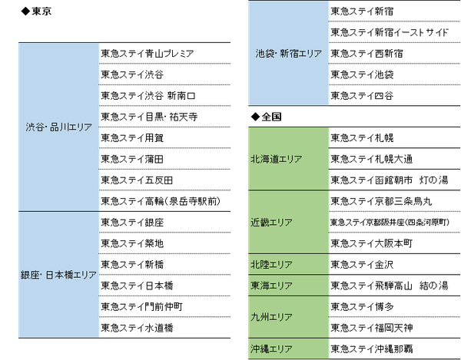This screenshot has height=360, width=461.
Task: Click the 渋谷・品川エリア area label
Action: pyautogui.click(x=58, y=127)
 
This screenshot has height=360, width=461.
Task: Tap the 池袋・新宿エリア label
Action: pyautogui.click(x=288, y=54)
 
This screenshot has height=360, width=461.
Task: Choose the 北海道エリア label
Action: pyautogui.click(x=277, y=159)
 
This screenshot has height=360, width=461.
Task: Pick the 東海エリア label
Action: pyautogui.click(x=270, y=285)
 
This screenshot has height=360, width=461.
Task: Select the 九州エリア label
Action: pyautogui.click(x=270, y=316)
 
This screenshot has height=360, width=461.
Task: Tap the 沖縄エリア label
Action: pyautogui.click(x=270, y=348)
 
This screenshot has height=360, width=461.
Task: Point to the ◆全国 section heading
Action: pyautogui.click(x=267, y=117)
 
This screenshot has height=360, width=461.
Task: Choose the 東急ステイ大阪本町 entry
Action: pyautogui.click(x=372, y=243)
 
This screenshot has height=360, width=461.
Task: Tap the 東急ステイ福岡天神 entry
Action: pyautogui.click(x=372, y=328)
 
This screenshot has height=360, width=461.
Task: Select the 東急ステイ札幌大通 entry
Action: pyautogui.click(x=372, y=159)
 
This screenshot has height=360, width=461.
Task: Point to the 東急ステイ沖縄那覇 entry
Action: pyautogui.click(x=372, y=348)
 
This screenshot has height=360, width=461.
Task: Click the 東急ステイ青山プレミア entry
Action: pyautogui.click(x=147, y=54)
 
